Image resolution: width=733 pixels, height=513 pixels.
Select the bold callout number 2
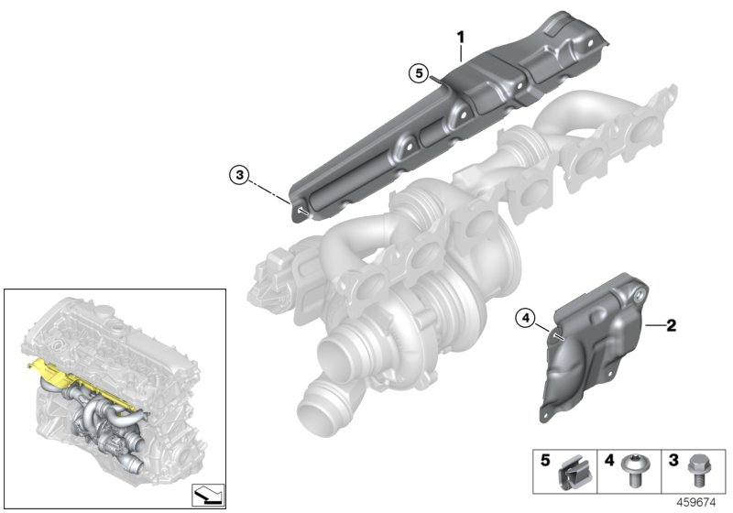point(671,325)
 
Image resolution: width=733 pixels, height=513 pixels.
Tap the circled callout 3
point(239,174)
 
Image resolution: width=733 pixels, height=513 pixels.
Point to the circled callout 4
point(524,318)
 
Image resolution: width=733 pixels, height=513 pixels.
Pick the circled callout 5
point(419,71)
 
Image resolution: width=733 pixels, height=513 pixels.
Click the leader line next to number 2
point(654,325)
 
